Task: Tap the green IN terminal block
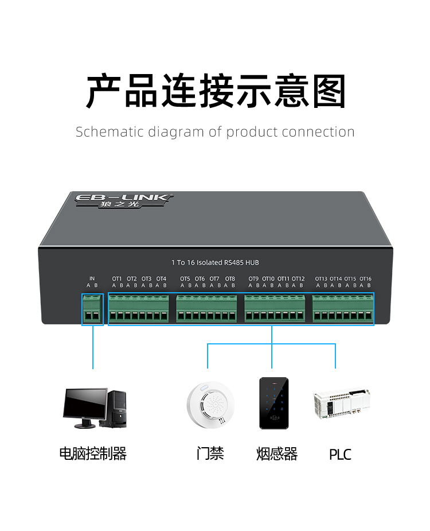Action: click(x=92, y=309)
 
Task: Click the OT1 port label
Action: click(x=117, y=279)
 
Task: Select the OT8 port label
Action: click(x=229, y=279)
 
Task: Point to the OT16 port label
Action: click(x=365, y=279)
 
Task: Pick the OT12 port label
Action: click(x=298, y=279)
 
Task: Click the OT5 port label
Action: click(x=185, y=279)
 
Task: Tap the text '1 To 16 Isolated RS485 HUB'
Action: click(x=215, y=262)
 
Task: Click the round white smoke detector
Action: click(x=210, y=403)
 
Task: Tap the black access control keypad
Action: click(x=274, y=402)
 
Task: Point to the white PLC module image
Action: click(x=341, y=404)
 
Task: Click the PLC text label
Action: click(x=340, y=455)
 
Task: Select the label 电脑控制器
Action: click(x=93, y=454)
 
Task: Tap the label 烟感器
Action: click(x=277, y=454)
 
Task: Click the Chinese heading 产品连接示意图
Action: click(x=215, y=92)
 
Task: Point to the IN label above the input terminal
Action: click(x=92, y=279)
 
